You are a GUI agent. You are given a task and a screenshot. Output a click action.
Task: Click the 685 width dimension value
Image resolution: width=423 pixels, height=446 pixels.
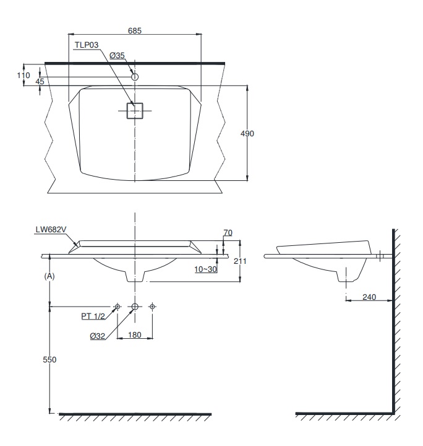tap(135, 30)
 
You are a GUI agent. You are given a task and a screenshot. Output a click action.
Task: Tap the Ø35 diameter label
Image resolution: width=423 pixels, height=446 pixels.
tap(117, 55)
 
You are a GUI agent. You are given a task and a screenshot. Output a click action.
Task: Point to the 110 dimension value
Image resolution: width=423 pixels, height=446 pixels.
tap(23, 75)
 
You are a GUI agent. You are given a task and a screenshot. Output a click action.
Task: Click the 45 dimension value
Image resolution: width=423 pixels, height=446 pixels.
tap(40, 81)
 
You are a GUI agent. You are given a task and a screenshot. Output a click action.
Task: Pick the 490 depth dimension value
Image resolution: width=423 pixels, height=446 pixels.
tap(248, 133)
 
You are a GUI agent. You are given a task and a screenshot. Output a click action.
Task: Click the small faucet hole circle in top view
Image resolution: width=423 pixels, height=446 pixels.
tap(135, 77)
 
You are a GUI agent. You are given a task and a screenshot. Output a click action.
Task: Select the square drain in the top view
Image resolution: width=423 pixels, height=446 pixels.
tap(135, 110)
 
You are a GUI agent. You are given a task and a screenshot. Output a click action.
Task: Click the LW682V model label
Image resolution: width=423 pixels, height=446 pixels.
tap(51, 229)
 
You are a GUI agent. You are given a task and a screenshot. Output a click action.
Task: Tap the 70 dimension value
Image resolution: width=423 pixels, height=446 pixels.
tap(227, 232)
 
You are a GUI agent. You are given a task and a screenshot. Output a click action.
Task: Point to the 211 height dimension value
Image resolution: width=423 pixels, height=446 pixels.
tap(241, 261)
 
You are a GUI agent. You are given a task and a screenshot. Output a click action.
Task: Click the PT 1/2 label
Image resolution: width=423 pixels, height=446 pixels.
tap(93, 315)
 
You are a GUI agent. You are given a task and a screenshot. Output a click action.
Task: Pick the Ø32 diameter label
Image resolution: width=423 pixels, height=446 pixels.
tap(98, 336)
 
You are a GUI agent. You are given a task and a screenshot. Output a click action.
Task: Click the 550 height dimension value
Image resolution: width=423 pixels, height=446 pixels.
tap(50, 360)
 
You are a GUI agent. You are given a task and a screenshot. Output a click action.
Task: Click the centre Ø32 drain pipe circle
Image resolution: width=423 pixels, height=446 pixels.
tap(135, 307)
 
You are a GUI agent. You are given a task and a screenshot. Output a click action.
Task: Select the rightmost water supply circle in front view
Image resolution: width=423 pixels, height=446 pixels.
tap(153, 307)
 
